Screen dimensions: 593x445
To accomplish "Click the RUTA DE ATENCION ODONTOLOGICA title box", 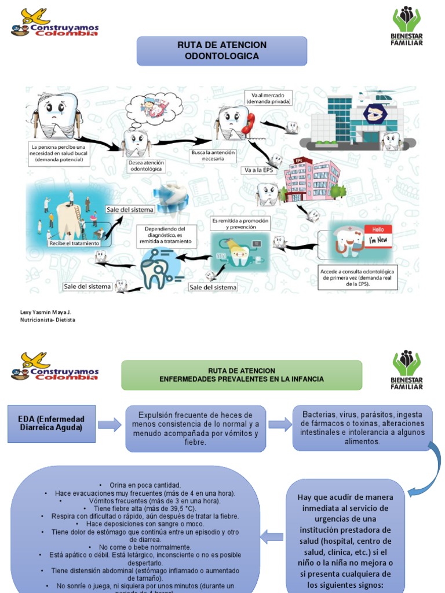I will coord(221,51).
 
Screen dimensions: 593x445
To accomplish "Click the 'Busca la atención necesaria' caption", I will coord(213,155).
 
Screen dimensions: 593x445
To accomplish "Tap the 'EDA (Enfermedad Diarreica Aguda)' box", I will coord(51,423).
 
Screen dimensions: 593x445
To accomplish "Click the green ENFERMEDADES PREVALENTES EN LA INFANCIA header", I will coord(242,375).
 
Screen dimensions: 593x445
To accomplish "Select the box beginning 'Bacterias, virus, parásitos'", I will coord(363,428).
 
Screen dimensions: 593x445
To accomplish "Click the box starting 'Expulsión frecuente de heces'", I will coord(196,429).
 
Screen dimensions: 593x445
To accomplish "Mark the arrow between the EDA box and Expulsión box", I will coord(110,426).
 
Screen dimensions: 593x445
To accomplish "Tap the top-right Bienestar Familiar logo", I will coord(408,26).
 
